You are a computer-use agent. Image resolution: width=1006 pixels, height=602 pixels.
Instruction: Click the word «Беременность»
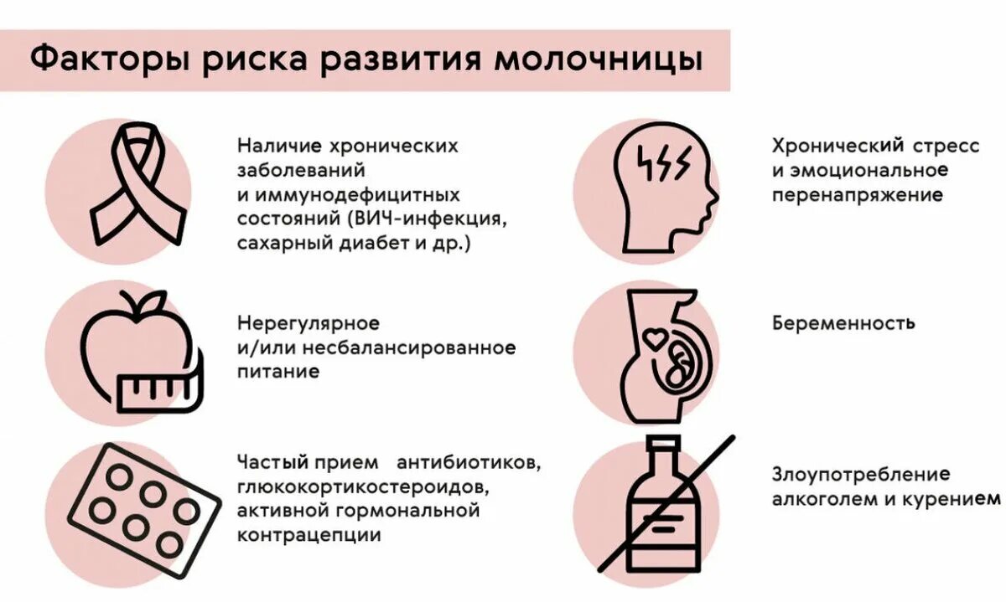click(x=843, y=323)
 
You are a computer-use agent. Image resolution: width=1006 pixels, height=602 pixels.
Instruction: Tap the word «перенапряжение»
click(x=857, y=195)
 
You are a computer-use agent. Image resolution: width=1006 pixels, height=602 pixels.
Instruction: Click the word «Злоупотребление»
click(x=861, y=475)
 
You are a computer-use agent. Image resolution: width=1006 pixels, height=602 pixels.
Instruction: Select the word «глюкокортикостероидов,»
click(x=360, y=486)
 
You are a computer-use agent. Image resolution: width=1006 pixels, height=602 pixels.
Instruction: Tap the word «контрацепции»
click(x=309, y=534)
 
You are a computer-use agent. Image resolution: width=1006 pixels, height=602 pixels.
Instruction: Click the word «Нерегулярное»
click(x=309, y=323)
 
